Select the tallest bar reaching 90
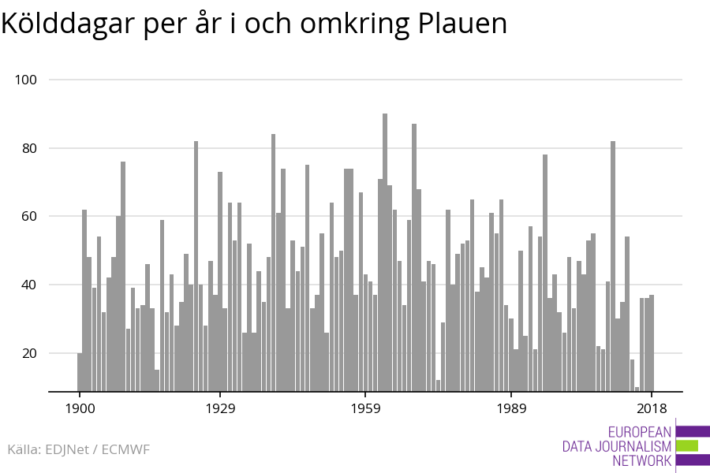[x=385, y=252]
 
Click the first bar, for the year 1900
[x=80, y=372]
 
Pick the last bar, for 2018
[x=652, y=343]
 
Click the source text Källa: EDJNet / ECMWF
[x=78, y=449]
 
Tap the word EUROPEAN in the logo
[x=640, y=432]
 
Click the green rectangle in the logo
[x=687, y=446]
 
